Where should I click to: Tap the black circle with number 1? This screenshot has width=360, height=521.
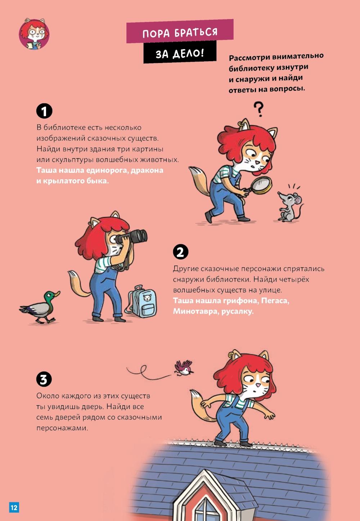44,111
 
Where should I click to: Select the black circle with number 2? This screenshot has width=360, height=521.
180,252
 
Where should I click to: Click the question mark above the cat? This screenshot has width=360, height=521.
258,109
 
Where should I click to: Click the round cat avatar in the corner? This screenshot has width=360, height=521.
34,34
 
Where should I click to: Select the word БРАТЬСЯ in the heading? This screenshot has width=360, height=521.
196,32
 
